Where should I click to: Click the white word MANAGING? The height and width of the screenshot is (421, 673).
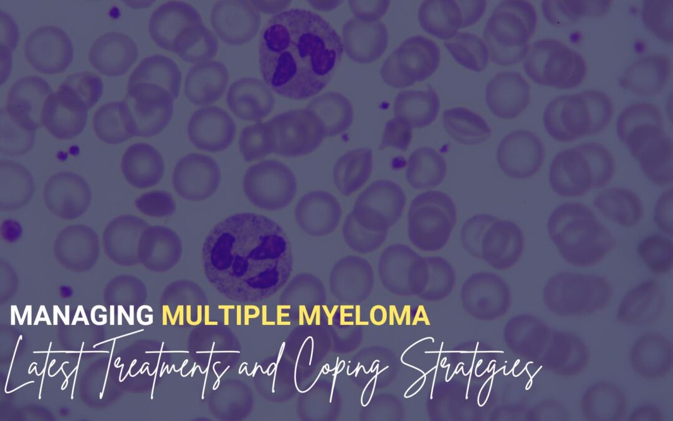[82, 316]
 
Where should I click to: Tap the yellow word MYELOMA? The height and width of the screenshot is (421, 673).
[364, 316]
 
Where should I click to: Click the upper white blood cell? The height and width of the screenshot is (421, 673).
[300, 54]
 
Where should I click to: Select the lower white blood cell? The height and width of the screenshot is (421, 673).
[247, 257]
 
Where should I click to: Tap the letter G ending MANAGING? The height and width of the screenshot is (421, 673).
[143, 316]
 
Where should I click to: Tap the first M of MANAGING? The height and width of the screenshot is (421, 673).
[21, 316]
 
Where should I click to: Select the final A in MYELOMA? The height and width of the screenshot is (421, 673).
[420, 316]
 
